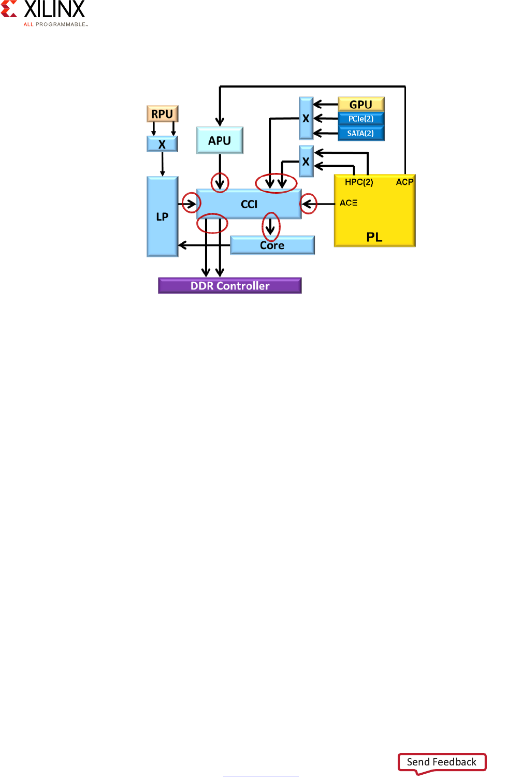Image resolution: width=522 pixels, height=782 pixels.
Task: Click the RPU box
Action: click(162, 113)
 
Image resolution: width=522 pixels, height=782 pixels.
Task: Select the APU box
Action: click(220, 140)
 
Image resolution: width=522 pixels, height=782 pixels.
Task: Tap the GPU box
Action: click(361, 104)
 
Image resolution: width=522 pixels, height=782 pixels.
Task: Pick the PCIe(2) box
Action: click(361, 119)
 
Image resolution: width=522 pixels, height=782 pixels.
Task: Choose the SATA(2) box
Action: click(361, 133)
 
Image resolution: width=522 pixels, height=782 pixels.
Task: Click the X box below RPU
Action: click(162, 144)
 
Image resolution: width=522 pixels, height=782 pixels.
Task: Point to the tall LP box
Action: click(162, 216)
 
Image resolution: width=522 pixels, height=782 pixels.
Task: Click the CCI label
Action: click(249, 204)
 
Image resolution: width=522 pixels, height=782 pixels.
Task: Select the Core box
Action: click(272, 245)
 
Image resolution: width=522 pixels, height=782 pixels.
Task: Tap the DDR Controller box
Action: click(230, 286)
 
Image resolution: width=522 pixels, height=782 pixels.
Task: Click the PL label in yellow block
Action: click(374, 237)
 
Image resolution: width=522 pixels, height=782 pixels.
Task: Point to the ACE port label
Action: click(349, 203)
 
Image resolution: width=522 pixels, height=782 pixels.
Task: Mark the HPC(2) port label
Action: click(359, 182)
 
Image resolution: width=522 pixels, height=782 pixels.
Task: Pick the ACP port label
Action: click(404, 182)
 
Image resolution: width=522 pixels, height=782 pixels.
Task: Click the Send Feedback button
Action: click(442, 762)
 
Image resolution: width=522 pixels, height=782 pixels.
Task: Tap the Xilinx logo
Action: click(44, 13)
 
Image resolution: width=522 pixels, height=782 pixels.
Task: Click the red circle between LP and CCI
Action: click(191, 202)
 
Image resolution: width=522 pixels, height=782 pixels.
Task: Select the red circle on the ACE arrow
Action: click(309, 204)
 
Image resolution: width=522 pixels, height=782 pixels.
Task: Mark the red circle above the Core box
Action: click(271, 226)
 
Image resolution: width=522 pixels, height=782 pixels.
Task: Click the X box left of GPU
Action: click(306, 118)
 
